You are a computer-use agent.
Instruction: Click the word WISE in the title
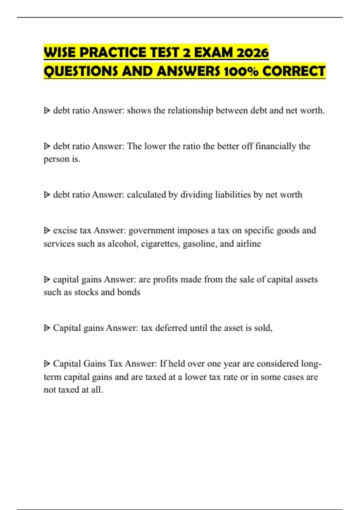click(60, 52)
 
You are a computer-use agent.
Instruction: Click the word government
click(151, 230)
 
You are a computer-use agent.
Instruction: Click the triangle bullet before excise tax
click(47, 230)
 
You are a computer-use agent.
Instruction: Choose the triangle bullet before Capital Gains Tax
click(47, 364)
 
